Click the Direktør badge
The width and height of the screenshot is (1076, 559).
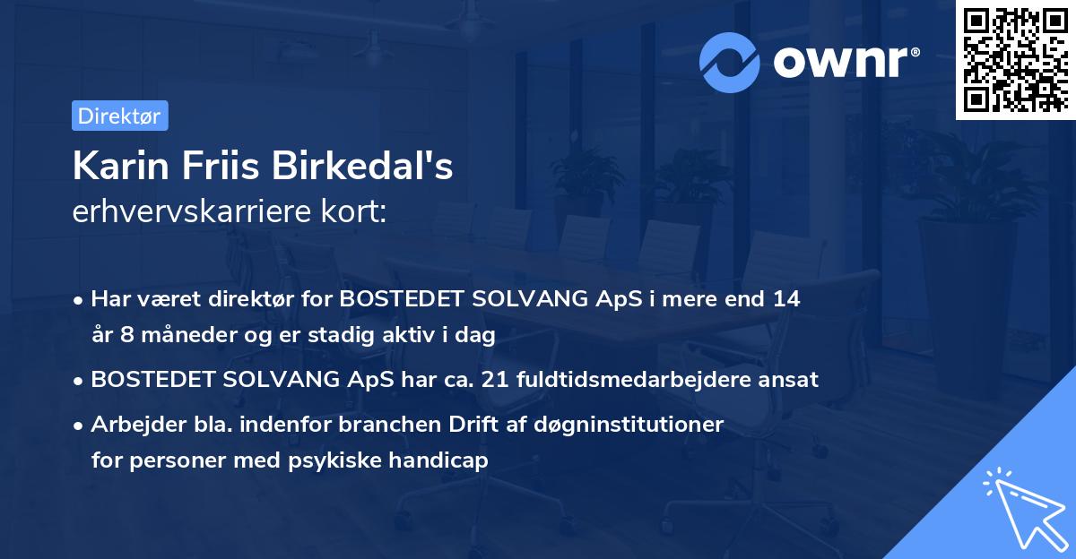(x=119, y=116)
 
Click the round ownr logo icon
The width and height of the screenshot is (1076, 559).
(x=730, y=62)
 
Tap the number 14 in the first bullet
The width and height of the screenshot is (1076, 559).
(x=786, y=299)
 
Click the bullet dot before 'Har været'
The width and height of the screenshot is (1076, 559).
(x=80, y=300)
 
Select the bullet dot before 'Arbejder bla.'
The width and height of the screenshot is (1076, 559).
(x=80, y=425)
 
